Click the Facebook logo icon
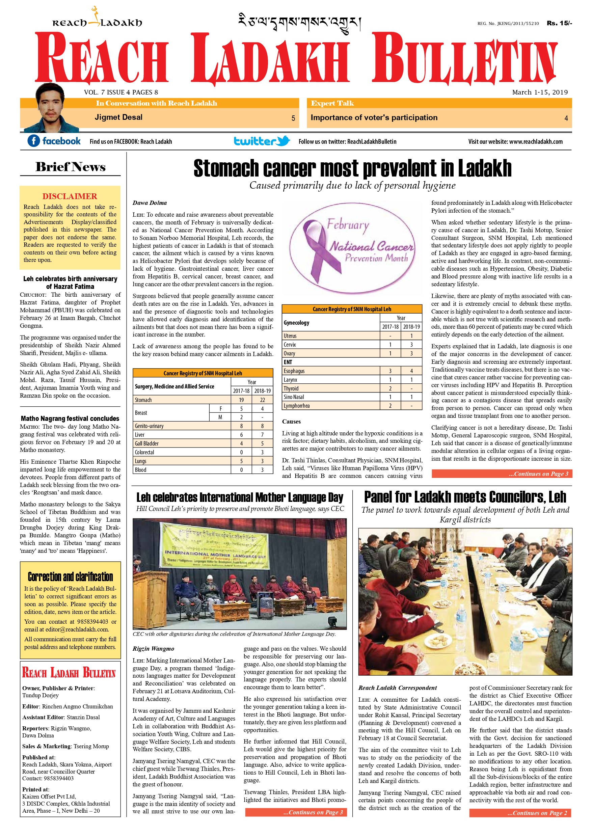pos(33,141)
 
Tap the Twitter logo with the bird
pos(261,141)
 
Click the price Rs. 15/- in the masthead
pos(559,23)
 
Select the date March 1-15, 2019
pos(539,92)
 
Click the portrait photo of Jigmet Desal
pos(50,108)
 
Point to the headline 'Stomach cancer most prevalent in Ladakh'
pos(352,168)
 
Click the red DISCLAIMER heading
pos(70,196)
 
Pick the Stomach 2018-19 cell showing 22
pos(262,400)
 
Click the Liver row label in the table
pos(140,435)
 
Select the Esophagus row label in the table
pos(294,371)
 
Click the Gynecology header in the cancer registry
pos(296,323)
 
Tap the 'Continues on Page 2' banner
pos(520,813)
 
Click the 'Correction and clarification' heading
pos(70,577)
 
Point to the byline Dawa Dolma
pos(150,203)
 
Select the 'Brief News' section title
pos(70,167)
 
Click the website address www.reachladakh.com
pos(536,141)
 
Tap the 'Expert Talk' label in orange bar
pos(332,103)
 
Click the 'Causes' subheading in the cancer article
pos(291,422)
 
